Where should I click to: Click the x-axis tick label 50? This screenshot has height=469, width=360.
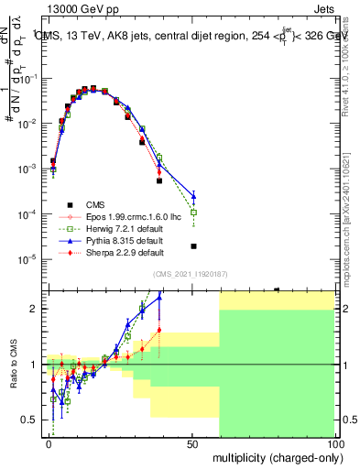pyautogui.click(x=191, y=442)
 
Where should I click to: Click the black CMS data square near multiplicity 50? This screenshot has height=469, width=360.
pyautogui.click(x=193, y=246)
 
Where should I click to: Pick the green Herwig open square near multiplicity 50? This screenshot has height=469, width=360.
pyautogui.click(x=193, y=213)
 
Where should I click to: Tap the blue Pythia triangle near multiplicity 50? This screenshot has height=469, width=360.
pyautogui.click(x=193, y=195)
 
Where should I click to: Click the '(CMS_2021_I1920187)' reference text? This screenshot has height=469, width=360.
pyautogui.click(x=191, y=274)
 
